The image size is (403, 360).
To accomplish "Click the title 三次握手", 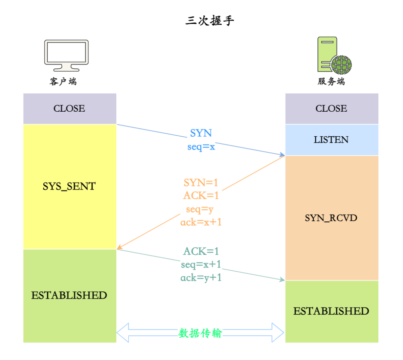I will (210, 21).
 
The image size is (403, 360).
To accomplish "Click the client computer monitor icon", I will (66, 55).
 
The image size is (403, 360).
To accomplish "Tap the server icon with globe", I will (333, 55).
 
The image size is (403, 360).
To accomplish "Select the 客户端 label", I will (63, 81).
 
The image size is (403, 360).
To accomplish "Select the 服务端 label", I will (331, 81).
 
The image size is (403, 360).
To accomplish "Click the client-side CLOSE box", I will (69, 108).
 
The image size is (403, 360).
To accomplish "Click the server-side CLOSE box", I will (331, 108).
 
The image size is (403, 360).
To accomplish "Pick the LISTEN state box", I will (331, 140).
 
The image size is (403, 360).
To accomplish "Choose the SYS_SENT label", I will (69, 186).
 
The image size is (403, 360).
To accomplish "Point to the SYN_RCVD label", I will (331, 218).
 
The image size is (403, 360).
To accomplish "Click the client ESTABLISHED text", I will (69, 295).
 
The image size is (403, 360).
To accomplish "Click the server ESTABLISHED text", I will (331, 311).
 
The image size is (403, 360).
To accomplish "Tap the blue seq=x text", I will (201, 147).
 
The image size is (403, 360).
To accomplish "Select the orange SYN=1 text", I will (201, 183).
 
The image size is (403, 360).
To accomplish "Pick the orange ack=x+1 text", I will (201, 222).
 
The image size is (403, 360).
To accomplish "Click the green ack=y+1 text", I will (201, 278).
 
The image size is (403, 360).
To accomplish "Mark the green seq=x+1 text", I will (201, 264).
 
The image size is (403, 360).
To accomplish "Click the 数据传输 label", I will (200, 333).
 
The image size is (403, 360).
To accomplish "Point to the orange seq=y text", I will (200, 209).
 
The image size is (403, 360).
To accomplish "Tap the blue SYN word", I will (201, 133).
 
